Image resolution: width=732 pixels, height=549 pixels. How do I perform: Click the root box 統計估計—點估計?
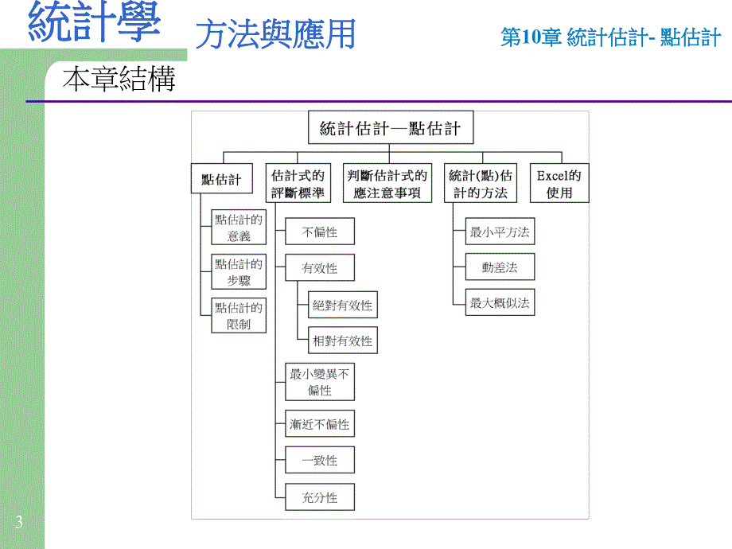click(389, 129)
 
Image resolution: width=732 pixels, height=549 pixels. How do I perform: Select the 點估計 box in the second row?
click(222, 180)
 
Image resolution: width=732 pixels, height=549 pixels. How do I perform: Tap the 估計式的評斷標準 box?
click(298, 184)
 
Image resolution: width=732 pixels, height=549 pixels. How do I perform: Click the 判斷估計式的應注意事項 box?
click(387, 184)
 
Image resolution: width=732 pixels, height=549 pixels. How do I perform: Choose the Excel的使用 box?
click(559, 184)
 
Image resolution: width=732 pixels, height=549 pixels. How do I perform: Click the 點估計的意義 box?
click(239, 228)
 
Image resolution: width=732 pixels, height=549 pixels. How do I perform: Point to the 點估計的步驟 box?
click(239, 272)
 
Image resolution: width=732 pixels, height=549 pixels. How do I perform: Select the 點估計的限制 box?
click(239, 316)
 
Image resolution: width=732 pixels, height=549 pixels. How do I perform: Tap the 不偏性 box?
click(320, 232)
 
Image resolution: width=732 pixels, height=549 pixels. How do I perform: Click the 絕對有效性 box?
click(343, 305)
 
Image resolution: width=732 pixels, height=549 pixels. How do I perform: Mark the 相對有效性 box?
click(343, 341)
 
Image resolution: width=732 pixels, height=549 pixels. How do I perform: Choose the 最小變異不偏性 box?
click(320, 382)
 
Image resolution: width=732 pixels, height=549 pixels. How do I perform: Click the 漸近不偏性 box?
click(320, 424)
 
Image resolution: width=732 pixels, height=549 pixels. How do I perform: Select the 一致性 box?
click(320, 461)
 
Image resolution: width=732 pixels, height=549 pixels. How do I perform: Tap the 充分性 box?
click(320, 497)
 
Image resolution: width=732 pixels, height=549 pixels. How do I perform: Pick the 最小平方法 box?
click(500, 232)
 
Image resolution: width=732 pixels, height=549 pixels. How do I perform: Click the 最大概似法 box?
click(500, 302)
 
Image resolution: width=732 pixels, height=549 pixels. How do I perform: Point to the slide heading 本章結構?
click(119, 80)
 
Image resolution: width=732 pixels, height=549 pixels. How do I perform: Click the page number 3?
click(18, 523)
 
